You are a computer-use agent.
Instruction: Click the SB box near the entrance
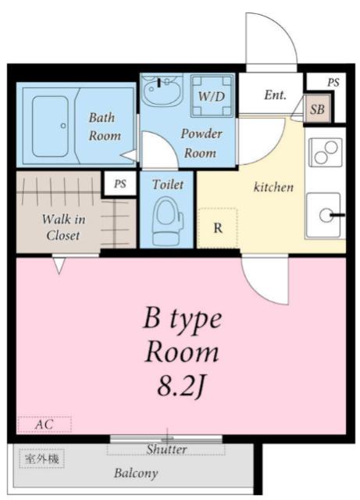pyautogui.click(x=317, y=109)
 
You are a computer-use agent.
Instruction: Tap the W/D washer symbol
pyautogui.click(x=212, y=96)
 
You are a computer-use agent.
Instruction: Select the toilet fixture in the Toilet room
pyautogui.click(x=167, y=220)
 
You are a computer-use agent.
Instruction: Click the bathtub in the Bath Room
pyautogui.click(x=50, y=127)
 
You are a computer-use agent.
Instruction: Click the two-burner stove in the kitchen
pyautogui.click(x=326, y=152)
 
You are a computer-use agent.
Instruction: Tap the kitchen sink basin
pyautogui.click(x=323, y=216)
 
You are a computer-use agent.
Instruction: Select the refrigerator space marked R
pyautogui.click(x=218, y=227)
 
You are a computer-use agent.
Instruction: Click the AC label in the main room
pyautogui.click(x=45, y=424)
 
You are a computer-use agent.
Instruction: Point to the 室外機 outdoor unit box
pyautogui.click(x=41, y=459)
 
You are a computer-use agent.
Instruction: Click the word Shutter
pyautogui.click(x=166, y=449)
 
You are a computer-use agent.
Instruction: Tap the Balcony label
pyautogui.click(x=136, y=473)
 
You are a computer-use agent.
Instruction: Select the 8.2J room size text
pyautogui.click(x=180, y=387)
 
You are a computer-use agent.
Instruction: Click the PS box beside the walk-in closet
pyautogui.click(x=120, y=184)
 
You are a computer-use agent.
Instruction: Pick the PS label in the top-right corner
pyautogui.click(x=333, y=83)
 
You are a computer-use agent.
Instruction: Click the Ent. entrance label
pyautogui.click(x=275, y=95)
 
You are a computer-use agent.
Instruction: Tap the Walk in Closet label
pyautogui.click(x=63, y=227)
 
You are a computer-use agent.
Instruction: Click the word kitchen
pyautogui.click(x=273, y=187)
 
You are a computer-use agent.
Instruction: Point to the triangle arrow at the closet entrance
pyautogui.click(x=59, y=266)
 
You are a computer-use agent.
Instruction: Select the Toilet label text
pyautogui.click(x=167, y=184)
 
